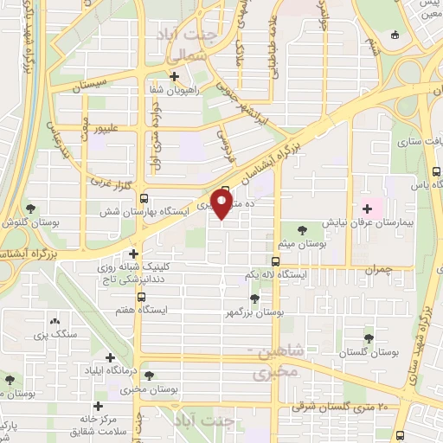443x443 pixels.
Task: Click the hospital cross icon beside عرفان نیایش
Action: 369,209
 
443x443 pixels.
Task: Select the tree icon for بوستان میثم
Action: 301,230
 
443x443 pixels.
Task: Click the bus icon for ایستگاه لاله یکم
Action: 275,261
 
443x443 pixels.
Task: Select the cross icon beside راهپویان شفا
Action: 176,75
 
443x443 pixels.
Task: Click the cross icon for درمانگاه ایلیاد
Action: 111,357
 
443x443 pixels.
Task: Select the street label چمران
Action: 378,270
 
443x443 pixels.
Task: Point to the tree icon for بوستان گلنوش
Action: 32,209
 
